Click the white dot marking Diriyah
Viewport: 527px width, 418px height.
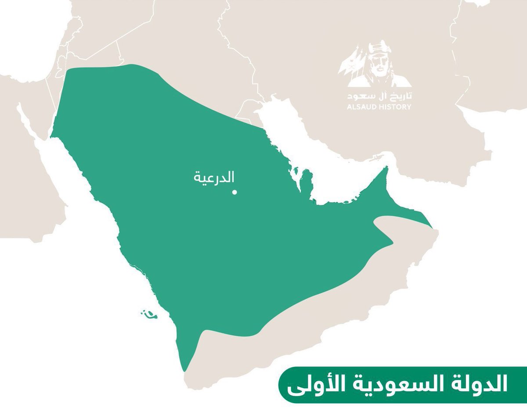point(235,192)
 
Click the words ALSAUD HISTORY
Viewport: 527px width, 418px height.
point(375,107)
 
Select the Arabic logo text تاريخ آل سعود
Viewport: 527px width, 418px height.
point(375,96)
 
